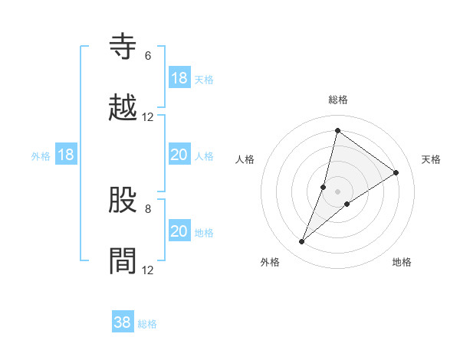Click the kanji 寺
click(x=123, y=47)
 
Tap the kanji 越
click(x=123, y=108)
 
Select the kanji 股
click(x=123, y=200)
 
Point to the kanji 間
click(x=123, y=261)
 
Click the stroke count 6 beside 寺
click(x=147, y=56)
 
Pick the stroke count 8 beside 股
click(x=147, y=208)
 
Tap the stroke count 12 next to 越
click(x=148, y=117)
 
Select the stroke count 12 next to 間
click(x=148, y=270)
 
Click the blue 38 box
click(x=123, y=322)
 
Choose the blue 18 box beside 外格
click(x=66, y=155)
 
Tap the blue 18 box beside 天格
click(x=179, y=78)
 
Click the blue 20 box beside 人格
click(x=179, y=155)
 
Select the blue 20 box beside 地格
click(x=179, y=231)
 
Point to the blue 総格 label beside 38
click(x=147, y=324)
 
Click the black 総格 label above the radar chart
click(x=337, y=100)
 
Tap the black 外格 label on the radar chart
click(x=270, y=262)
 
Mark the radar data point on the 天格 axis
click(x=396, y=173)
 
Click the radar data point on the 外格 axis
click(x=302, y=242)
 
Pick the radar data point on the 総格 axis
click(x=337, y=130)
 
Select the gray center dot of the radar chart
click(x=337, y=192)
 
